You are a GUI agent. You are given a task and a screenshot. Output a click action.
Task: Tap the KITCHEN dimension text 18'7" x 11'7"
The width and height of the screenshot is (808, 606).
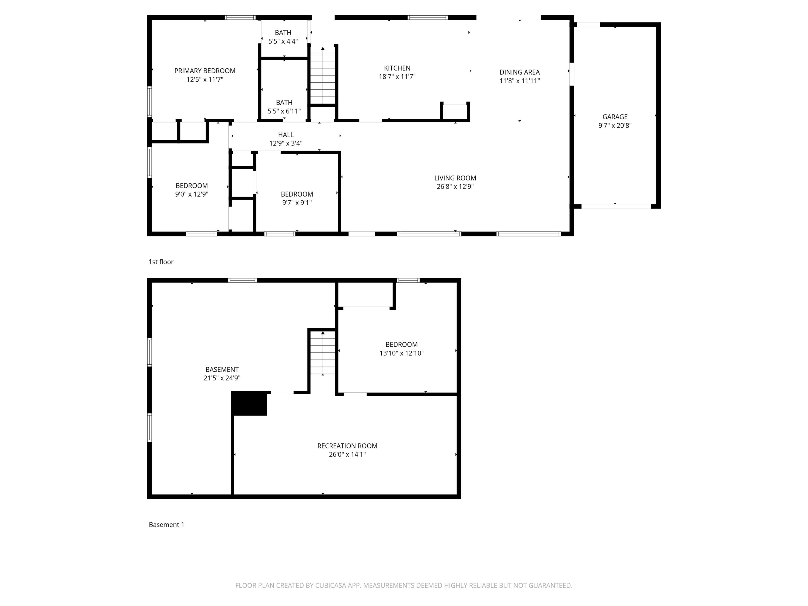(x=397, y=77)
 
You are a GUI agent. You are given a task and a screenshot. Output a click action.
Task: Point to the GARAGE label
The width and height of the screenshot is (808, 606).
(x=615, y=117)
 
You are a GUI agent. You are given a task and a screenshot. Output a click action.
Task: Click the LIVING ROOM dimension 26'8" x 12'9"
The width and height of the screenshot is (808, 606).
(x=455, y=187)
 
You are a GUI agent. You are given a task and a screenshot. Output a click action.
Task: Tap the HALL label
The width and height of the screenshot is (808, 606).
(x=286, y=135)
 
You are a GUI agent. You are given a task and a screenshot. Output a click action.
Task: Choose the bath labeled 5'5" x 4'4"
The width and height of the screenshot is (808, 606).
(x=283, y=37)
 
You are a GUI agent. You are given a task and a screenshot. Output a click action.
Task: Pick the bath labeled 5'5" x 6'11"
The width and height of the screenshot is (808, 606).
(x=284, y=107)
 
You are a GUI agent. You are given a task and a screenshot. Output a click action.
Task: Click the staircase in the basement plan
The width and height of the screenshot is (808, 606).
(x=323, y=353)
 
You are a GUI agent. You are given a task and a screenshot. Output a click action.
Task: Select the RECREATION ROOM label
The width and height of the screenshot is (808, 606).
(x=347, y=446)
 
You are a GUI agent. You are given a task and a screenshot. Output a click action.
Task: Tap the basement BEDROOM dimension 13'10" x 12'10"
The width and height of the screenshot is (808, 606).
(x=402, y=353)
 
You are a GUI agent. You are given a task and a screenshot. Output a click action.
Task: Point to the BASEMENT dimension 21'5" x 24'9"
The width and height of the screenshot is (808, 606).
(x=222, y=378)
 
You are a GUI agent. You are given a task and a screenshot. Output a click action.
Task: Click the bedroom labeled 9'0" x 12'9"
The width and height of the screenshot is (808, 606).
(x=191, y=190)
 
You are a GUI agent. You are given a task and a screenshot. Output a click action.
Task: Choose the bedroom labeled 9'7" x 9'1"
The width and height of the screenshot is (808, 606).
(x=297, y=198)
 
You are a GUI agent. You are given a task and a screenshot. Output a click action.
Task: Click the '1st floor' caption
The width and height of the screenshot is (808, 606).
(x=161, y=262)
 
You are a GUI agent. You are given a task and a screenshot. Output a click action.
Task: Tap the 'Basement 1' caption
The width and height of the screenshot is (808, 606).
(x=166, y=525)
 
